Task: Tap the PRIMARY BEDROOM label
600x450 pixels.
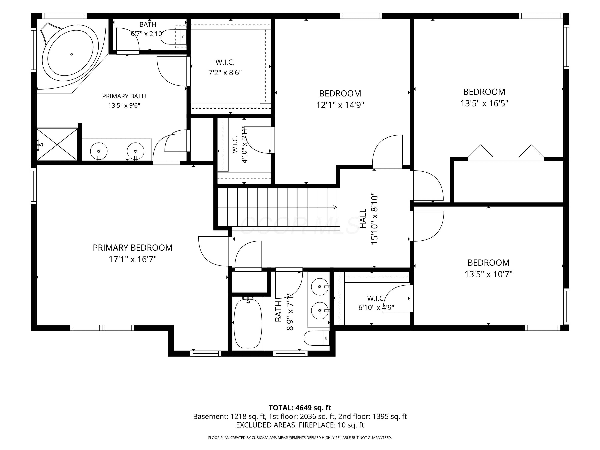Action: click(x=133, y=248)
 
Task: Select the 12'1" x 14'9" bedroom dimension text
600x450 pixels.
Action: click(x=340, y=105)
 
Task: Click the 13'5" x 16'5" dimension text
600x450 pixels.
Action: click(x=484, y=103)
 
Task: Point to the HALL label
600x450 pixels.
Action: click(x=363, y=218)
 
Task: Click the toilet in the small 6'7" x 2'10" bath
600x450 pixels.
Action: click(x=174, y=37)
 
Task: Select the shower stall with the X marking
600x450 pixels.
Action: click(x=57, y=144)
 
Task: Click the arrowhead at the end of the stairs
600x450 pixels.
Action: click(x=335, y=207)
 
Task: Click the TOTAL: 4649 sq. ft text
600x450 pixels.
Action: click(x=300, y=408)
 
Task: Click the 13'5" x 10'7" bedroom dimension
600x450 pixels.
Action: click(x=489, y=274)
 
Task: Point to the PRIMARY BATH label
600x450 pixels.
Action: click(x=124, y=96)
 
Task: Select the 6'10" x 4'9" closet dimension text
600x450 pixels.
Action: click(x=376, y=308)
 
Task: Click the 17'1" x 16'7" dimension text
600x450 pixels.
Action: click(x=133, y=259)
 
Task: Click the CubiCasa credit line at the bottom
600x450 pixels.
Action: click(x=300, y=438)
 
